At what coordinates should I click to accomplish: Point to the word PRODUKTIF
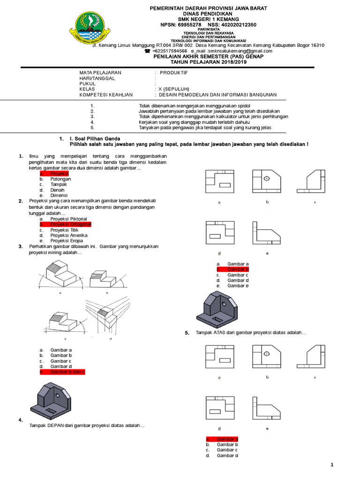coord(173,73)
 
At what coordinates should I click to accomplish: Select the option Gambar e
coord(238,285)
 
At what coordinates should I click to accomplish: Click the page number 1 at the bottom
coord(332,465)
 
